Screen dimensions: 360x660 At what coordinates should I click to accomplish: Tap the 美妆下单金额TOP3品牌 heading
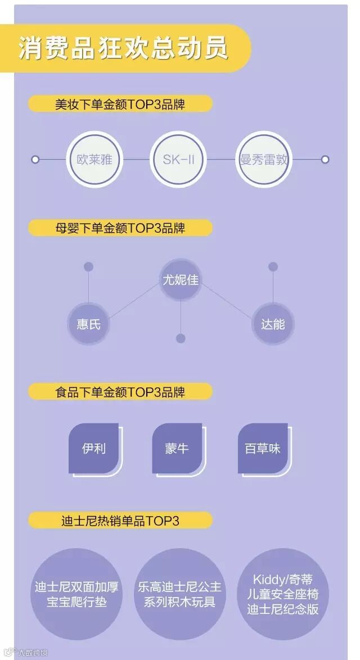pos(120,104)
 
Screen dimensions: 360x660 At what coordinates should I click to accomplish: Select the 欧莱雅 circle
pos(94,159)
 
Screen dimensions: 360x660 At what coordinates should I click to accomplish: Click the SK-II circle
pos(178,159)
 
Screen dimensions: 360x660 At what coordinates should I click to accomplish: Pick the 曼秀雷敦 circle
pos(263,159)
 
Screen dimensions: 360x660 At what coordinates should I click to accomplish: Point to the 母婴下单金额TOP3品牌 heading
pos(120,228)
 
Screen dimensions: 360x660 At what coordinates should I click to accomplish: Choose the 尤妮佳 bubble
pos(181,279)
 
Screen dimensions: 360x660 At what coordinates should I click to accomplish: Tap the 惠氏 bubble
pos(88,324)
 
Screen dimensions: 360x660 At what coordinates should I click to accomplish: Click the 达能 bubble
pos(273,324)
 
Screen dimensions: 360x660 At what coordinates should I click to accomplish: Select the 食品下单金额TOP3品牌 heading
pos(120,391)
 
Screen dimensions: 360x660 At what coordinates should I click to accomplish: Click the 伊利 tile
pos(94,449)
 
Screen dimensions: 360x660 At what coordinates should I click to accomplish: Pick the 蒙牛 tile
pos(177,449)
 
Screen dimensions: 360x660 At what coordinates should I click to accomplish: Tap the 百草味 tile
pos(263,449)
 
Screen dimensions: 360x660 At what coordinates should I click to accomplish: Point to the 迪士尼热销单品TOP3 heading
pos(120,521)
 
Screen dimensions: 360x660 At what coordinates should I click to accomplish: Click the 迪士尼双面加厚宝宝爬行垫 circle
pos(76,594)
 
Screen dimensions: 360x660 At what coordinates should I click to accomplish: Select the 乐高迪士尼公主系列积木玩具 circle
pos(179,594)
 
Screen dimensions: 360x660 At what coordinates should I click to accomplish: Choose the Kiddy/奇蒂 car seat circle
pos(282,594)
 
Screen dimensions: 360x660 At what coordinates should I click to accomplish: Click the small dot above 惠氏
pos(88,267)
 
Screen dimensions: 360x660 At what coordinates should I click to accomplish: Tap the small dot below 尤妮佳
pos(181,338)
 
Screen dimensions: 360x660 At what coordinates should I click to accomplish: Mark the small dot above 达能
pos(273,267)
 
